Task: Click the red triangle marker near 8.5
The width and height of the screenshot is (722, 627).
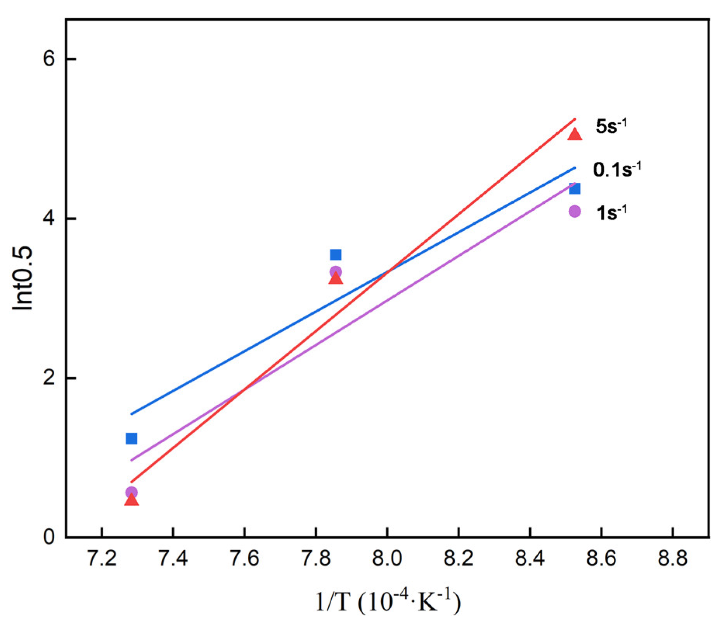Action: click(x=575, y=134)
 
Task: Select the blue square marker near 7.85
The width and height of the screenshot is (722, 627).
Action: click(x=336, y=255)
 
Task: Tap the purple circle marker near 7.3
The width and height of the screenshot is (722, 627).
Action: click(x=132, y=492)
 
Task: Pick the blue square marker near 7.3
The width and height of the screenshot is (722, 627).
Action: click(x=132, y=438)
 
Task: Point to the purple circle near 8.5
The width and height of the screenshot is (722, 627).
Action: click(x=575, y=211)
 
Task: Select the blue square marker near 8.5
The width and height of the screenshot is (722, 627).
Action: click(x=575, y=189)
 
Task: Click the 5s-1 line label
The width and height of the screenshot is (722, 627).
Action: click(x=611, y=126)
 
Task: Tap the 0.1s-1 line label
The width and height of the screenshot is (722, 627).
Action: click(x=617, y=169)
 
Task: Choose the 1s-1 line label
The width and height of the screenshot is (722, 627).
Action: click(x=611, y=212)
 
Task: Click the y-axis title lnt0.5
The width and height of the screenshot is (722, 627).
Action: click(x=23, y=278)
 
